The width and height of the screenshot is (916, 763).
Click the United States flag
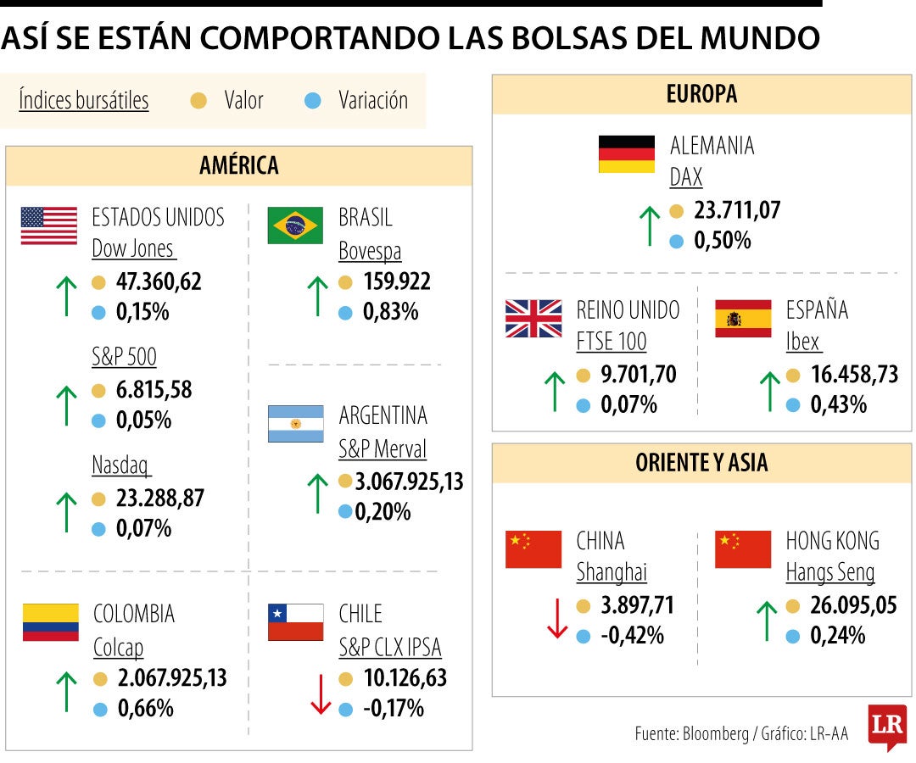click(49, 226)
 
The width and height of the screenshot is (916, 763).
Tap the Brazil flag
click(295, 226)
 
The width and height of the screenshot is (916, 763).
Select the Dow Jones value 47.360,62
click(159, 281)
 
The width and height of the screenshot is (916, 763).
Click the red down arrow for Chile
click(320, 694)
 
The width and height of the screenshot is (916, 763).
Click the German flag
click(627, 154)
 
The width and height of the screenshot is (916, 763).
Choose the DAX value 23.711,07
click(737, 210)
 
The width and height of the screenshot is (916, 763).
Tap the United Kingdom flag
click(533, 319)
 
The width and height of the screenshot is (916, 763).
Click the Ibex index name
click(803, 342)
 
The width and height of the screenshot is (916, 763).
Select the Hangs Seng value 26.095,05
click(853, 605)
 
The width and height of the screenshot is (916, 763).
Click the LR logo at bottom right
click(886, 727)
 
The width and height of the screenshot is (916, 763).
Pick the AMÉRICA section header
click(239, 165)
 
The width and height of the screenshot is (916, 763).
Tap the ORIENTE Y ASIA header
click(701, 463)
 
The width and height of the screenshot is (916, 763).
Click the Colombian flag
click(51, 621)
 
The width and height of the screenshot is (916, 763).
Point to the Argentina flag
click(295, 424)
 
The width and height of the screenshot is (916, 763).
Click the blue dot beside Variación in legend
click(312, 101)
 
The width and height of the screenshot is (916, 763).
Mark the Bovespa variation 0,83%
click(390, 312)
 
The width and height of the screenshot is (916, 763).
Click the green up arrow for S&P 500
click(65, 404)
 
